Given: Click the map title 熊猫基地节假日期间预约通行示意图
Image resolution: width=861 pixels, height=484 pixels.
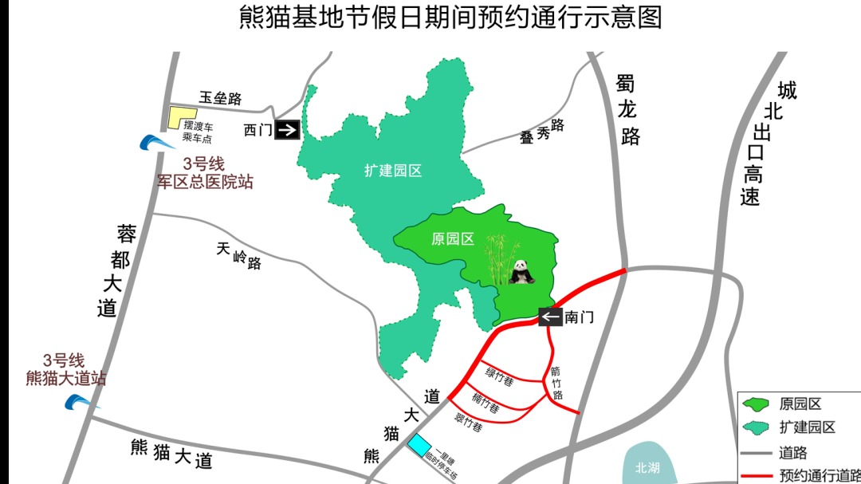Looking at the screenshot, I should click(450, 18).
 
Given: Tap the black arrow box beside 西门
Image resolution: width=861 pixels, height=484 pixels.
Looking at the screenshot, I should click(287, 129).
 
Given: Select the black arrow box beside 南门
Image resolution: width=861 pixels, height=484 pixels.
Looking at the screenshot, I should click(550, 317).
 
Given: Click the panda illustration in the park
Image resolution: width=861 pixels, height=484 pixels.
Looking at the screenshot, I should click(522, 272).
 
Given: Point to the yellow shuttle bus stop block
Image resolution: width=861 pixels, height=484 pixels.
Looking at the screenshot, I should click(182, 117).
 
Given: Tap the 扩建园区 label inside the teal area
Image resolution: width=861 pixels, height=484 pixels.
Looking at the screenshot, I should click(393, 170).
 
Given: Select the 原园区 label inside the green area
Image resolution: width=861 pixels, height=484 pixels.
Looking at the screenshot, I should click(452, 239).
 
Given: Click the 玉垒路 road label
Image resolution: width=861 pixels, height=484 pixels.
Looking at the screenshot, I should click(220, 98).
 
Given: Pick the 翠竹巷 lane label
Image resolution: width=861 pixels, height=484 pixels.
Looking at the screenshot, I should click(468, 423).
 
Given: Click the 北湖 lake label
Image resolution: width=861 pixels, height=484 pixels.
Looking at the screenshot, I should click(647, 468).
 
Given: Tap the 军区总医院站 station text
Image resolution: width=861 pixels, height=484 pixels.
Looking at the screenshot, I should click(205, 182).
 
